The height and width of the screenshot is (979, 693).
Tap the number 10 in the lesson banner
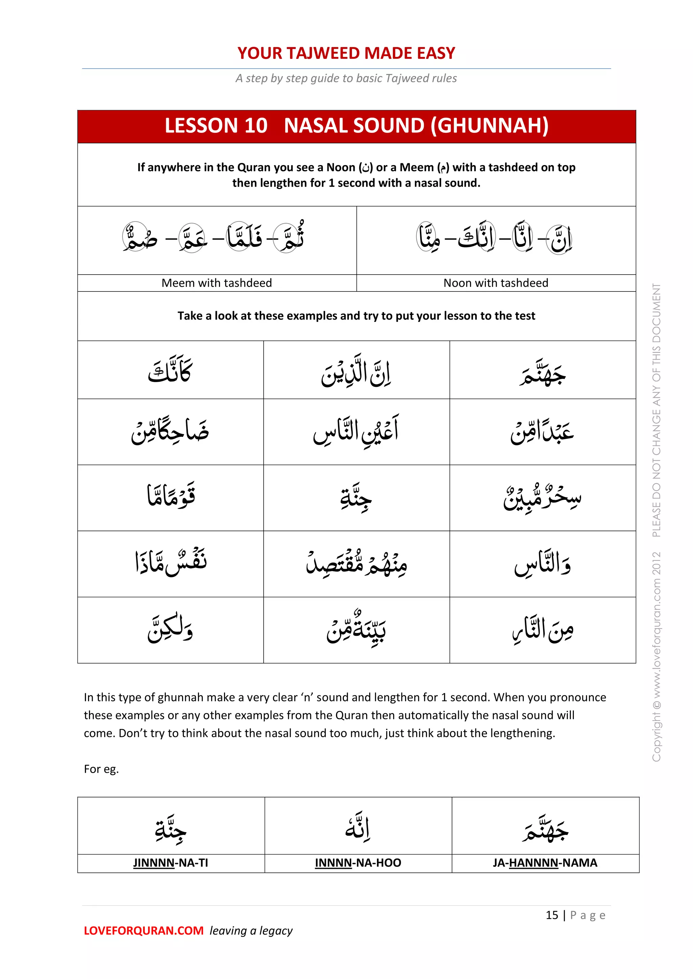coord(255,126)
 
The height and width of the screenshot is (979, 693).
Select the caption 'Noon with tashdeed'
coord(495,283)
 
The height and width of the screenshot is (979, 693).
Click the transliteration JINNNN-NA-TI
coord(170,863)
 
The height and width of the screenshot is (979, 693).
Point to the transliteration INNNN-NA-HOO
coord(358,863)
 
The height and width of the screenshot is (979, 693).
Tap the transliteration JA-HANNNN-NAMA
coord(544,863)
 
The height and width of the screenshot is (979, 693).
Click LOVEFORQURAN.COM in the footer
coord(143,931)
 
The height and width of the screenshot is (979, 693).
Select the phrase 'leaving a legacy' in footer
coord(251,931)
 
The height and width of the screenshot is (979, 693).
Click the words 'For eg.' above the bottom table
coord(101,769)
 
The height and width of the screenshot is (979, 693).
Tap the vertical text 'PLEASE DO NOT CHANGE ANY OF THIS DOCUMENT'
coord(656,409)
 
